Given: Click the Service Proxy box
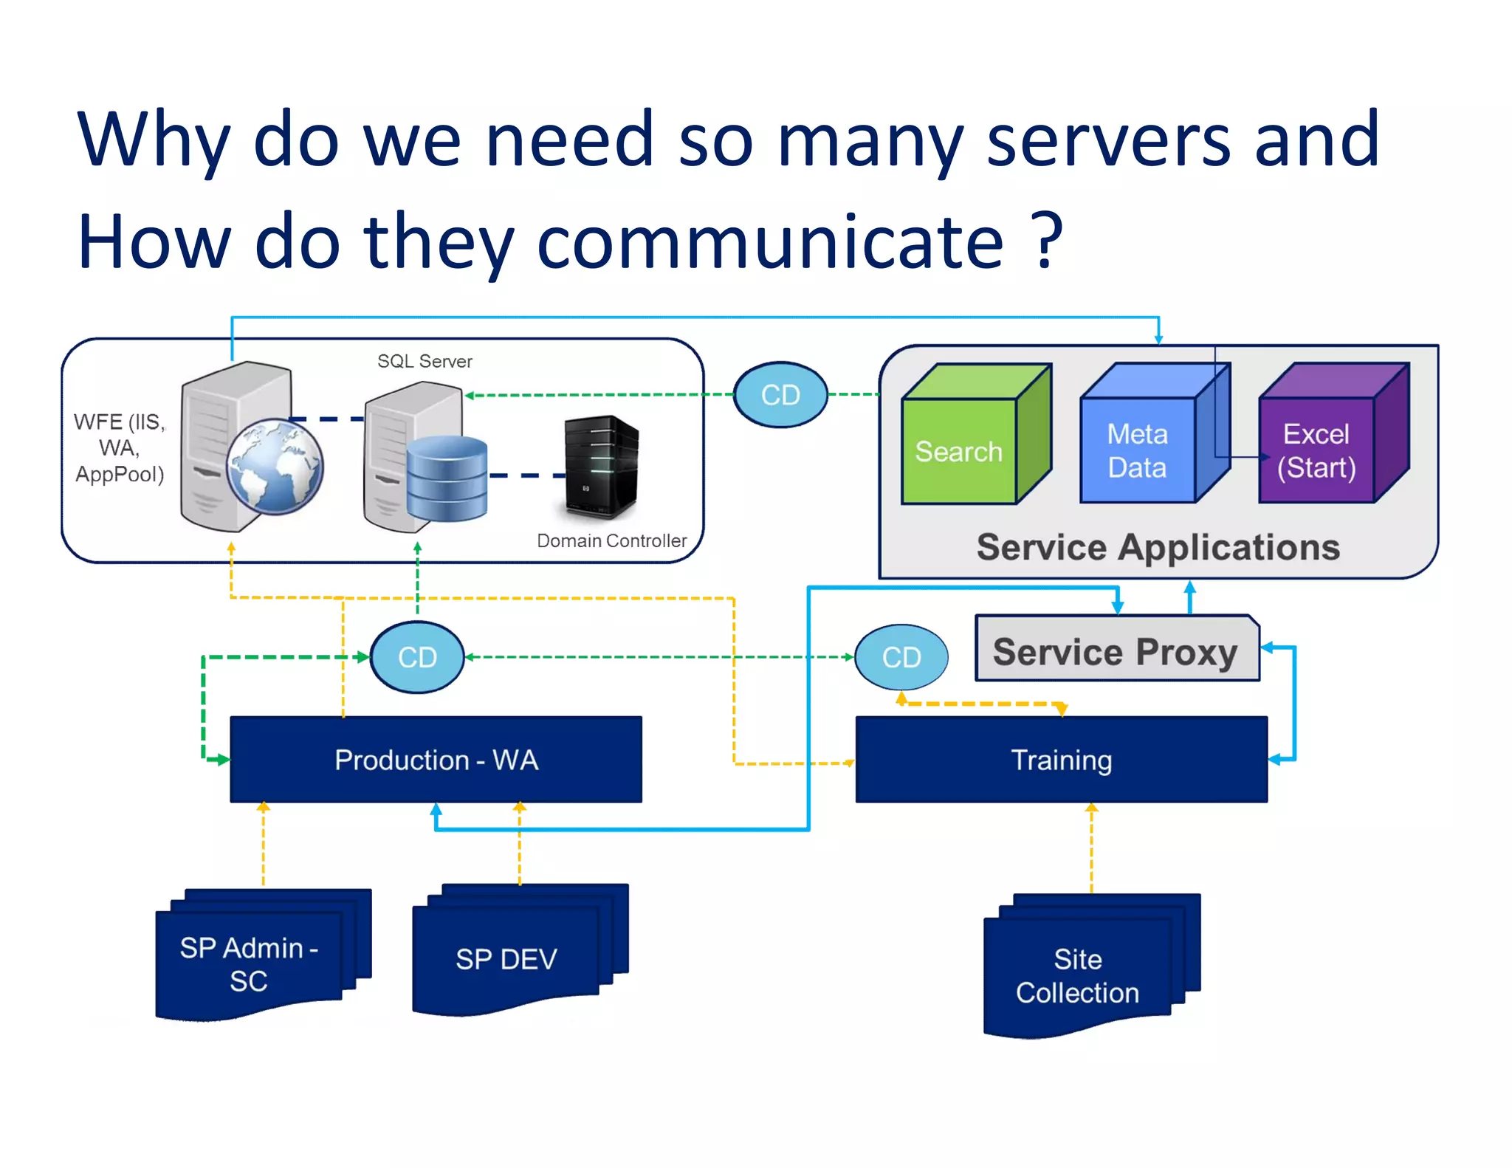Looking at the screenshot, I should coord(1116,650).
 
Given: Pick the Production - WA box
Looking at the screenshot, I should coord(436,760).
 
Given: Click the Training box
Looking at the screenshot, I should coord(1061,760).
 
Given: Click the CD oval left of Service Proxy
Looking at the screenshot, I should coord(901,657).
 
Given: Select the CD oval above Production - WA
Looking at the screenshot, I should coord(417,657).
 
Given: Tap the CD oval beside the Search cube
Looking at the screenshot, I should coord(780,395).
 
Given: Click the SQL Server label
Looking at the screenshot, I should coord(425,361).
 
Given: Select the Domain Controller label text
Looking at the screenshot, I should coord(611,541).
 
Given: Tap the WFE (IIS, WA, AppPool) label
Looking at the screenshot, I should coord(120,447).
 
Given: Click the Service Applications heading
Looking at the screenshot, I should coord(1158,548).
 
